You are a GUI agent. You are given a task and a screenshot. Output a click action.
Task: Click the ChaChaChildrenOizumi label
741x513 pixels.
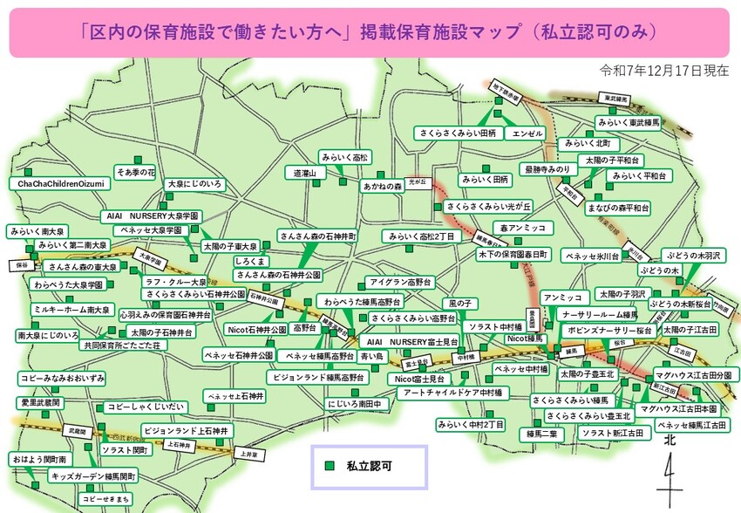[x=61, y=185]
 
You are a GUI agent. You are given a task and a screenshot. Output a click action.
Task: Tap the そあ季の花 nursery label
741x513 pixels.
[x=135, y=172]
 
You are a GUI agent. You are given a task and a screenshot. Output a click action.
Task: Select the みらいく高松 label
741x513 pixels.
[x=344, y=157]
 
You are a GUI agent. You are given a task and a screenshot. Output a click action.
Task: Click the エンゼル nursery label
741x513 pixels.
[x=528, y=133]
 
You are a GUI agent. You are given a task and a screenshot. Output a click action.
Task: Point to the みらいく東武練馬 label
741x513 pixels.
[x=629, y=124]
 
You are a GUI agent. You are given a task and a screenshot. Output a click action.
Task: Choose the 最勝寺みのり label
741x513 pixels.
[x=547, y=168]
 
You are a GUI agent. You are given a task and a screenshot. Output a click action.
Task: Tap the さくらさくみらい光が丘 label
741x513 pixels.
[x=488, y=207]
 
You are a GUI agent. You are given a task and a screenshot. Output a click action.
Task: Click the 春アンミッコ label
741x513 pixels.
[x=522, y=228]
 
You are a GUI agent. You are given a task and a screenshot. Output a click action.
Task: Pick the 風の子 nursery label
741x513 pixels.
[x=459, y=303]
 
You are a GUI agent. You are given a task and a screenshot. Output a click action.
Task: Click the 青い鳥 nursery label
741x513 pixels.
[x=372, y=356]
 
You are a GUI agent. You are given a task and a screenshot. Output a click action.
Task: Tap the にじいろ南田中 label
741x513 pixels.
[x=355, y=404]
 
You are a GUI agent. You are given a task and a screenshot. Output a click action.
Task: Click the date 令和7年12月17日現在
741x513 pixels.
[x=664, y=71]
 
